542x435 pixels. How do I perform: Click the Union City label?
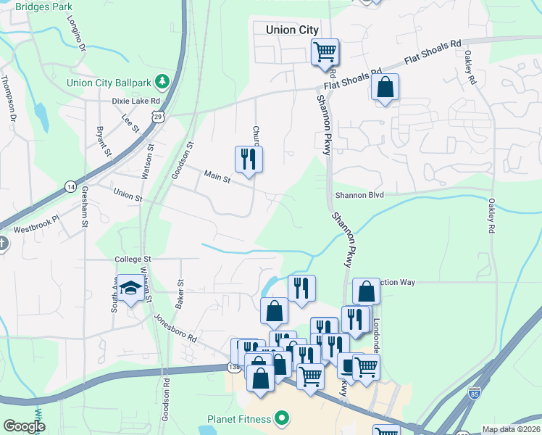pyautogui.click(x=292, y=30)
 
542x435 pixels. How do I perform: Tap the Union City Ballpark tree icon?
pyautogui.click(x=164, y=80)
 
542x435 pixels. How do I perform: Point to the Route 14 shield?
pyautogui.click(x=70, y=186)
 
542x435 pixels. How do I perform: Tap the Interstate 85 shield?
pyautogui.click(x=474, y=393)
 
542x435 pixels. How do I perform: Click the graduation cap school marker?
pyautogui.click(x=130, y=289)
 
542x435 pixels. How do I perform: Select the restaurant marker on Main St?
pyautogui.click(x=249, y=159)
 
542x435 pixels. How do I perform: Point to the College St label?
pyautogui.click(x=132, y=259)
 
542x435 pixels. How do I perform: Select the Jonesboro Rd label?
pyautogui.click(x=175, y=327)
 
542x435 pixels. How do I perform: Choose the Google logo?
pyautogui.click(x=25, y=426)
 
